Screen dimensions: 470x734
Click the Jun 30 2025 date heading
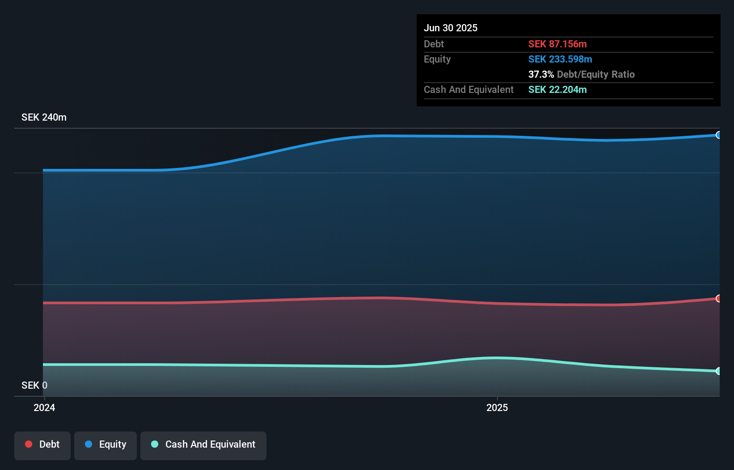[x=450, y=28]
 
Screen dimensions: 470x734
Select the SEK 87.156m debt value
[x=557, y=44]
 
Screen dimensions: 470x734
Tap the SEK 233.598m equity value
[x=560, y=59]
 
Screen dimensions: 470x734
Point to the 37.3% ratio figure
[x=541, y=74]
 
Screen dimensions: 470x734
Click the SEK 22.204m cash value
[x=557, y=89]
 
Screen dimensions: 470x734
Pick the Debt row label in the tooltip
[x=434, y=44]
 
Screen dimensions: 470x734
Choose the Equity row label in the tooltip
[x=437, y=59]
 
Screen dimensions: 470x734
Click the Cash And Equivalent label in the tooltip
[x=468, y=89]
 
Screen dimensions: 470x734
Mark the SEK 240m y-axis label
[x=44, y=117]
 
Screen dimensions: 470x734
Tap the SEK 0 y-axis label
[x=34, y=385]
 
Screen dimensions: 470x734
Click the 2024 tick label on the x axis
[x=44, y=407]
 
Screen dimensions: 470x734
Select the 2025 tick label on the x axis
[x=497, y=407]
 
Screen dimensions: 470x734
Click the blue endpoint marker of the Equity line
[x=718, y=135]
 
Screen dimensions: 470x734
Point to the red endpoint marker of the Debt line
[x=718, y=298]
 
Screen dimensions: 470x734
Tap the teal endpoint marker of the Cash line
[x=718, y=371]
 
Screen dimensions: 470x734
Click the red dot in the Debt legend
[x=29, y=444]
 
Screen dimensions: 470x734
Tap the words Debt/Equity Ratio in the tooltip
[x=595, y=74]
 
